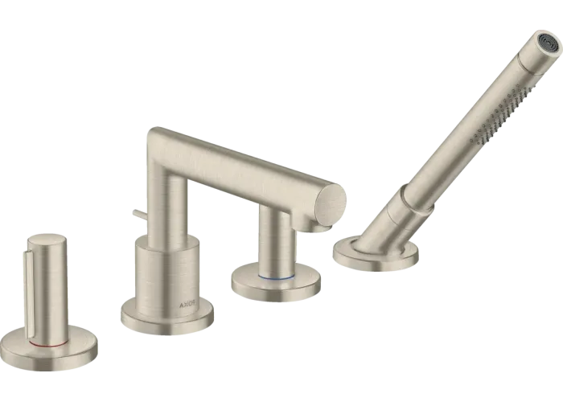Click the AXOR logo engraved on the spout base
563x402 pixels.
[188, 305]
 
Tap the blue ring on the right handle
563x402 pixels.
[277, 277]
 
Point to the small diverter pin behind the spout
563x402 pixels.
[140, 214]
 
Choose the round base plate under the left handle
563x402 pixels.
[49, 348]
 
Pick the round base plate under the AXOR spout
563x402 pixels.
[167, 317]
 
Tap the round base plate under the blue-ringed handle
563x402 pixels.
[276, 282]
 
